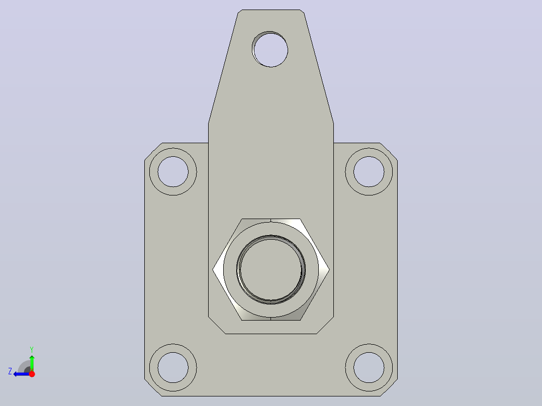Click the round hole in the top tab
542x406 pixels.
coord(270,49)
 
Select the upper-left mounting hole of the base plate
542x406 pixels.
coord(173,172)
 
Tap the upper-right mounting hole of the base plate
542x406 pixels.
coord(369,172)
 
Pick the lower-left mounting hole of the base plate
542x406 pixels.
coord(173,368)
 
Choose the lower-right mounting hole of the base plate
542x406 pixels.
coord(369,368)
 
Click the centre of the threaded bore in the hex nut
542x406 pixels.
coord(271,269)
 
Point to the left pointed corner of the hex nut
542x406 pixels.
coord(213,269)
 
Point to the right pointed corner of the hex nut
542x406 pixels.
coord(329,269)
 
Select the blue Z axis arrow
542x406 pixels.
coord(22,374)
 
